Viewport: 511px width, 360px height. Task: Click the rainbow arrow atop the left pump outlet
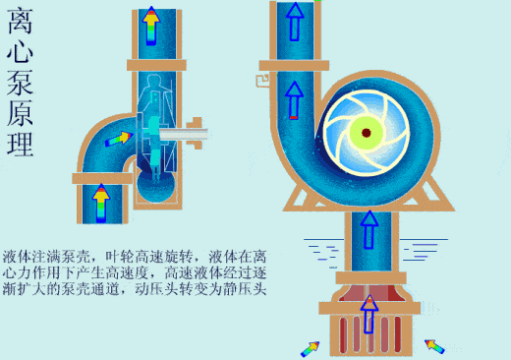point(150,28)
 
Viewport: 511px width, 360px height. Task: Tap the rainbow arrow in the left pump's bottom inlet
point(101,201)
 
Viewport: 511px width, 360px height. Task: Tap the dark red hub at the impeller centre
point(366,132)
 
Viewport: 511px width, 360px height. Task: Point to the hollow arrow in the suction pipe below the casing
point(369,229)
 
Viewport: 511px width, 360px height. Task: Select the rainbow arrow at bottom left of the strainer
point(310,347)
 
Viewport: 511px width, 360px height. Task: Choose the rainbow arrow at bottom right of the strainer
point(433,346)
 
